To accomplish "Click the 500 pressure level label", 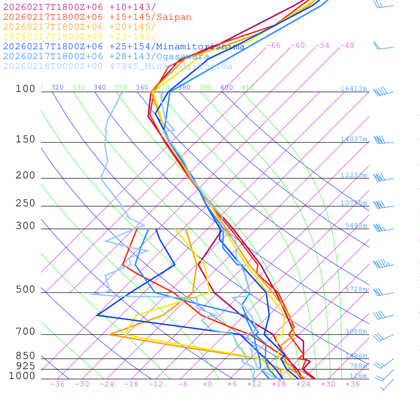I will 25,290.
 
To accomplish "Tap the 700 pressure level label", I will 25,332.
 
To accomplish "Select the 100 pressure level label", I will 25,89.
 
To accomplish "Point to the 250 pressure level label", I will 25,203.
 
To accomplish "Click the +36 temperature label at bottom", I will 353,384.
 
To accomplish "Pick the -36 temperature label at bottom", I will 57,384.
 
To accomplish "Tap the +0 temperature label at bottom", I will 208,384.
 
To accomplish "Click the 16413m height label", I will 354,89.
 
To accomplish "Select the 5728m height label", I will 356,289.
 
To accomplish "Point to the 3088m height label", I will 356,331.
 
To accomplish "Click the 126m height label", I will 358,376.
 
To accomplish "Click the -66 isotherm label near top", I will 273,45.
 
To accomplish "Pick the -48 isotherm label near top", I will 347,45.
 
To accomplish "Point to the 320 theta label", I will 57,87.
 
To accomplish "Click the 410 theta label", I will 248,87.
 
